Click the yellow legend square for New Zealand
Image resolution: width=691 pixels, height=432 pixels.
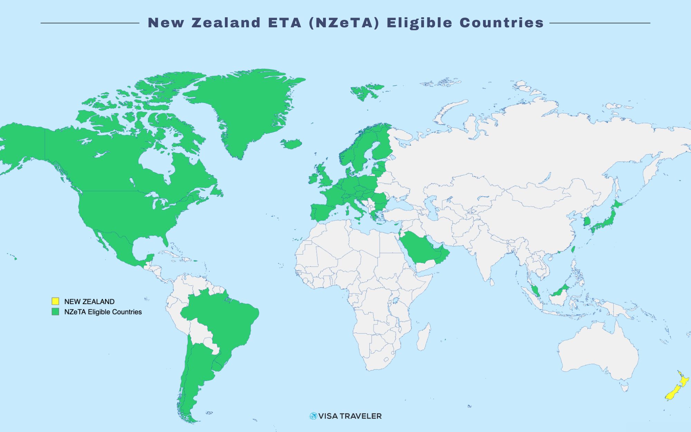(55, 301)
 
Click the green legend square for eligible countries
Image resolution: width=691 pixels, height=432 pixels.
(55, 311)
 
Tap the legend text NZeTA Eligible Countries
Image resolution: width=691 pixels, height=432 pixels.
(103, 312)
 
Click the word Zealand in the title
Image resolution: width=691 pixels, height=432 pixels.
(226, 23)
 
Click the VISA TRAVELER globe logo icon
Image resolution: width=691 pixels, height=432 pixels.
(313, 416)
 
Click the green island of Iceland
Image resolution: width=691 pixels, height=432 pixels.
(291, 144)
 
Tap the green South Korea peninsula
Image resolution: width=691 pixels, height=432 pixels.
(587, 221)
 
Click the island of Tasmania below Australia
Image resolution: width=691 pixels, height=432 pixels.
(624, 388)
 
